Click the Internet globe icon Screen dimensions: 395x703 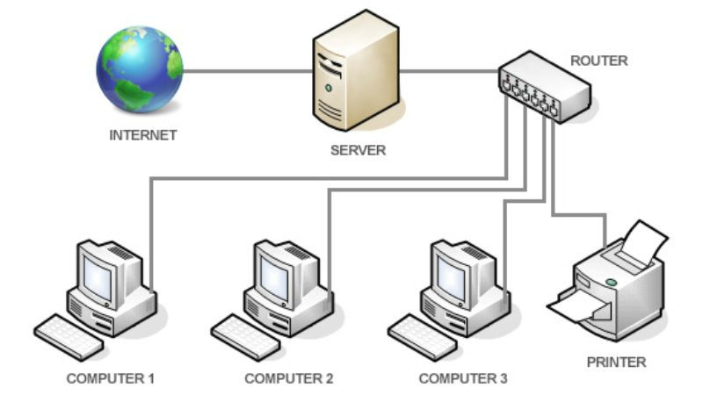139,69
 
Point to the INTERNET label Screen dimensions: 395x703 143,136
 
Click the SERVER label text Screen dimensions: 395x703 358,150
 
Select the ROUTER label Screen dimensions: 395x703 598,61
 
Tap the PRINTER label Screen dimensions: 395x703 616,362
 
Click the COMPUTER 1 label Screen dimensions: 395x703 111,379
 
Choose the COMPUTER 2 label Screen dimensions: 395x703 289,379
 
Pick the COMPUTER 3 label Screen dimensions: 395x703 463,379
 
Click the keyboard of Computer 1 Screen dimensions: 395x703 69,336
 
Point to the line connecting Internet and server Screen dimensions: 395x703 246,71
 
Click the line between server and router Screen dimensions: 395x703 448,71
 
